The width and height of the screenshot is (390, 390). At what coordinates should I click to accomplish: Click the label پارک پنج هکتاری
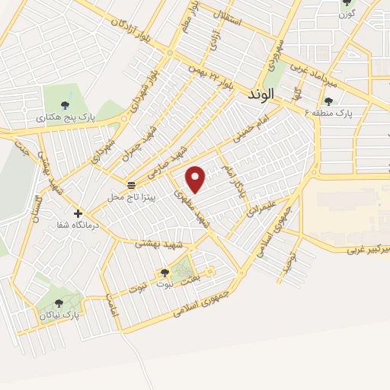click(61, 118)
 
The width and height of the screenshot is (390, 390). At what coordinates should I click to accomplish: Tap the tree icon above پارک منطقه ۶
click(328, 101)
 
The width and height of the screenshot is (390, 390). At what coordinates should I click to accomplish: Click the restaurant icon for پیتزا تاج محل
click(132, 185)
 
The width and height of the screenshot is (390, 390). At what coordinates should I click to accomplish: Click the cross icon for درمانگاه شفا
click(78, 213)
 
